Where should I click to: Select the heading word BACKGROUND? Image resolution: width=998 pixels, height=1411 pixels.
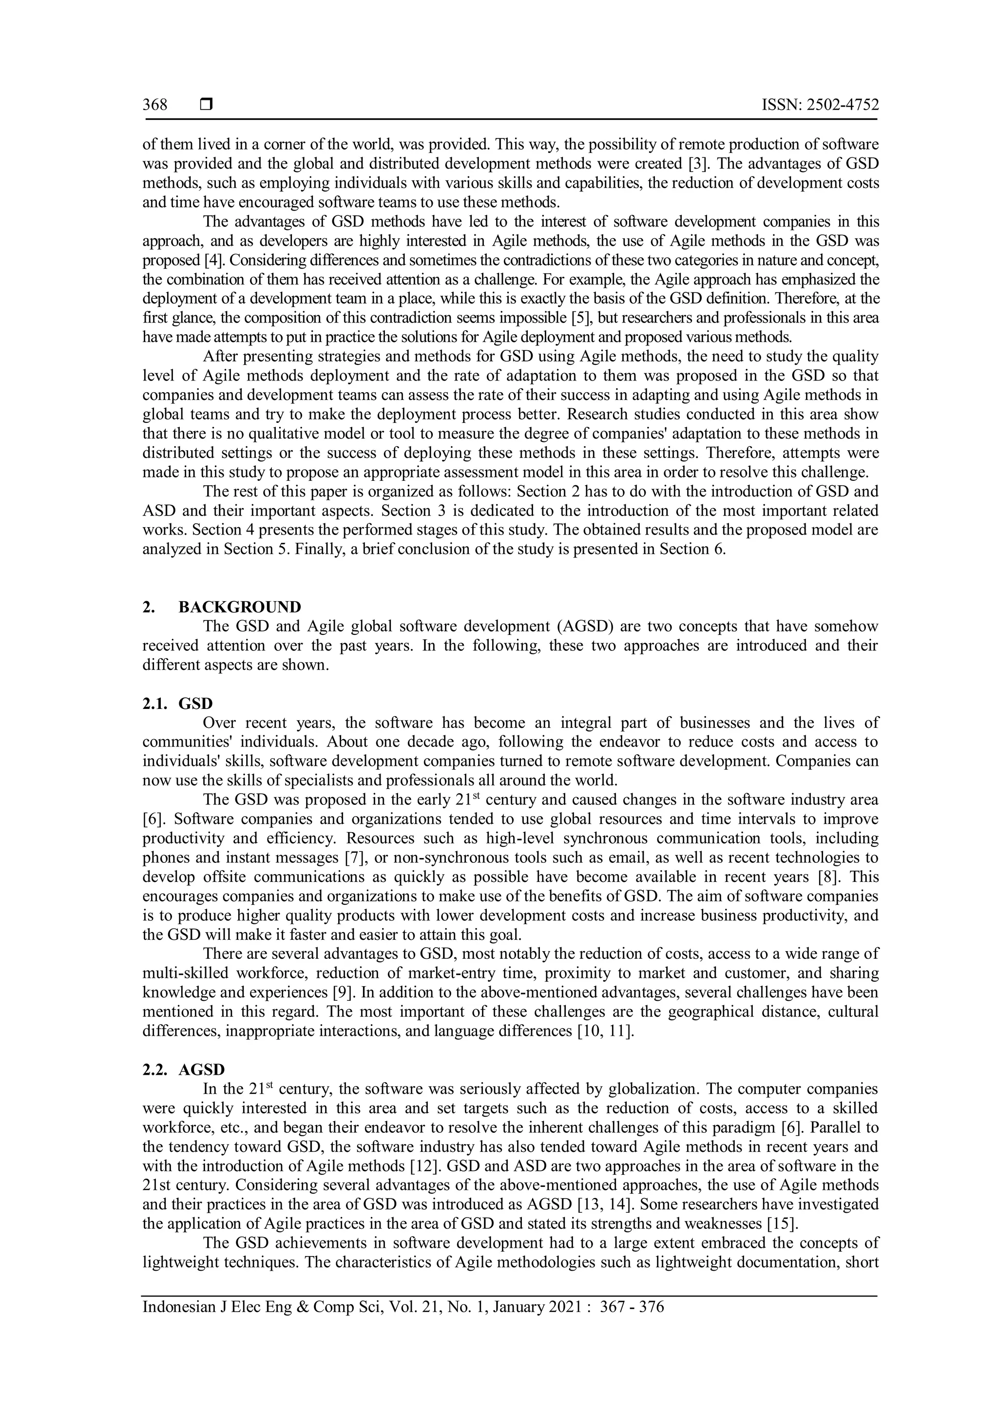(240, 607)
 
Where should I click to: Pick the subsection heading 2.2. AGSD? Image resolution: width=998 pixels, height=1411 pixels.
(184, 1070)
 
